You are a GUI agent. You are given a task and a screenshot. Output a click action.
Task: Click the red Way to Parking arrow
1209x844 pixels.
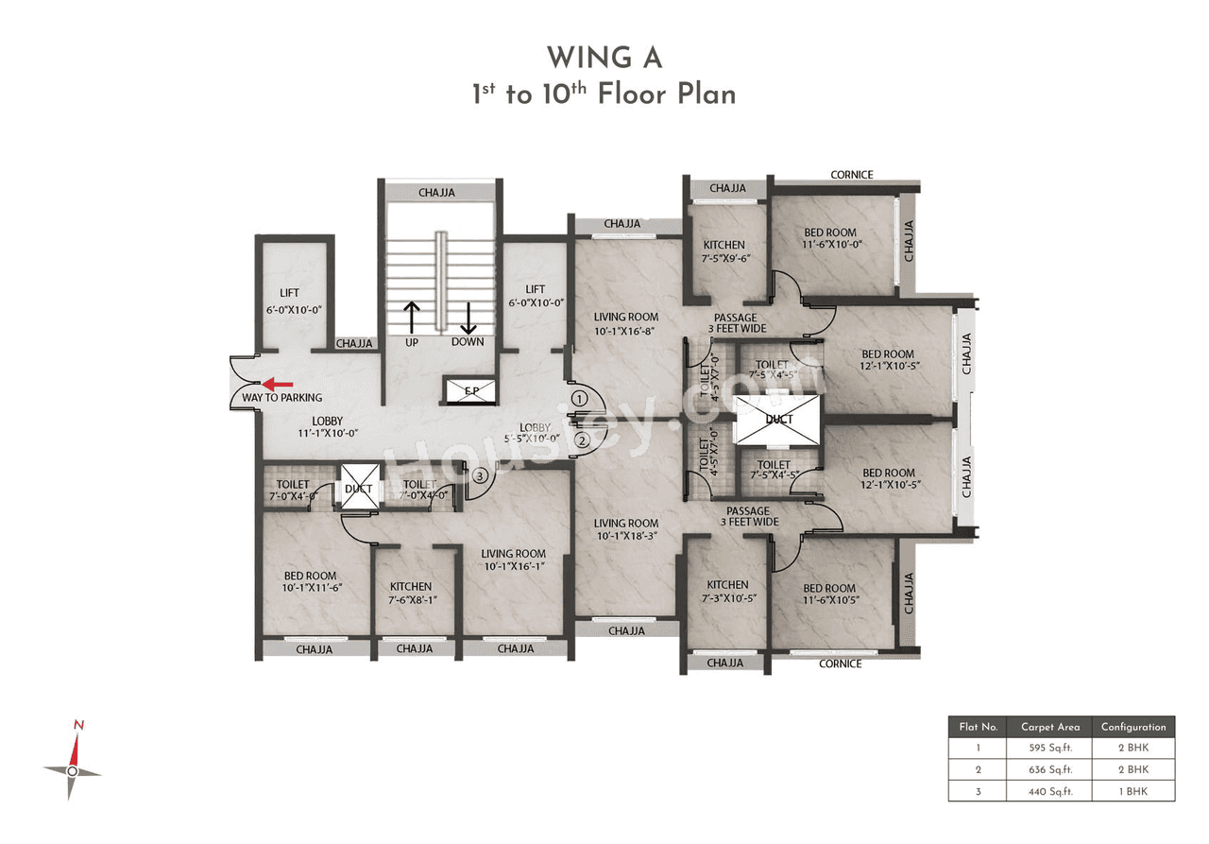(277, 384)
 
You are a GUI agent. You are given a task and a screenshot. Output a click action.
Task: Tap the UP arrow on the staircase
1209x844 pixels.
(412, 318)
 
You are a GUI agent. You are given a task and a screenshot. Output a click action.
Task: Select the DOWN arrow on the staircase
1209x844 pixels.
(468, 318)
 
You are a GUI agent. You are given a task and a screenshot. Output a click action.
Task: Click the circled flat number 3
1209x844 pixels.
(481, 476)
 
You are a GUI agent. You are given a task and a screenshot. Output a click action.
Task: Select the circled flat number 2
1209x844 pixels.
(582, 439)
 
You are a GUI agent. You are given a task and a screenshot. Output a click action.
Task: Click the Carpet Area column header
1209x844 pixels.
(1049, 727)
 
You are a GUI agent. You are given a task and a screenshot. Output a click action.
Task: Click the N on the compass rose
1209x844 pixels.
(79, 725)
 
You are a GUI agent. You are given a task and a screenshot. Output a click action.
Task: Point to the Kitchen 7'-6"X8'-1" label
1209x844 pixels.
(411, 593)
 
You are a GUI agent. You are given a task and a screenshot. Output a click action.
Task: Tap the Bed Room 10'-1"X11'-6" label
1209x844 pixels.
(310, 581)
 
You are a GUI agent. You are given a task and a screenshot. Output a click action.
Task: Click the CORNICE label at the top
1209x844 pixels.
(851, 175)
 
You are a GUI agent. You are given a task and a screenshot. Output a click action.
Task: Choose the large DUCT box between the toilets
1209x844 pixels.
(779, 420)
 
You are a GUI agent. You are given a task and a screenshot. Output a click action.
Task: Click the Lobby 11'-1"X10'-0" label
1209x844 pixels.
(327, 427)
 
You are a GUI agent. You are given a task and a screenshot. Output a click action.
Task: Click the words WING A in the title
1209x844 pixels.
(604, 58)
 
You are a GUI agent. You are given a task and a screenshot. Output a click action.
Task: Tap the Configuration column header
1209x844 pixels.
(1132, 727)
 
